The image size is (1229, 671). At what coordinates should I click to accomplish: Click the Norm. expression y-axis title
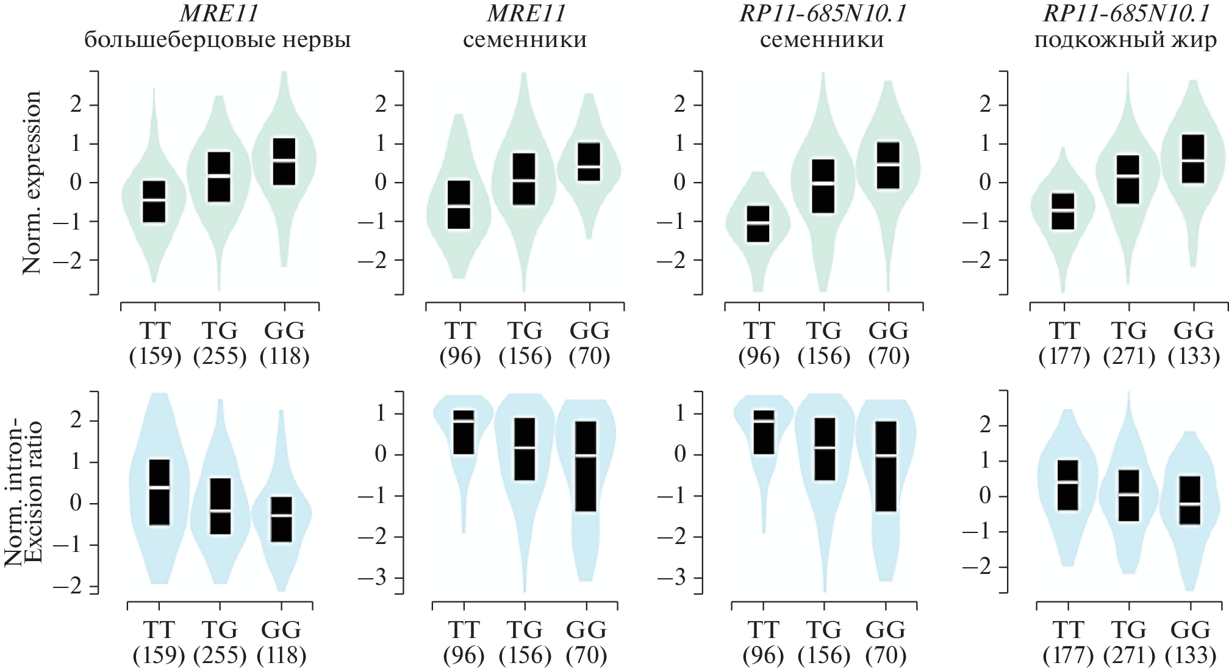32,182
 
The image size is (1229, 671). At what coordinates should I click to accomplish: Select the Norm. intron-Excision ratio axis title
23,493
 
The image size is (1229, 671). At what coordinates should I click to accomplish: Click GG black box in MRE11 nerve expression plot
284,161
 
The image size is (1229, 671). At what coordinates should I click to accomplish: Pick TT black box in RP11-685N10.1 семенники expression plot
758,224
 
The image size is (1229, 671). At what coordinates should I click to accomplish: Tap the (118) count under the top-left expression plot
284,357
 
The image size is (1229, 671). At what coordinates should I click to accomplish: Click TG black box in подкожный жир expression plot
1128,180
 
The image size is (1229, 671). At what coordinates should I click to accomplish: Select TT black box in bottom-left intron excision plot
159,492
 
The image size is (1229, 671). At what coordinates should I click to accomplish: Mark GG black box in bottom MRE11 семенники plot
586,466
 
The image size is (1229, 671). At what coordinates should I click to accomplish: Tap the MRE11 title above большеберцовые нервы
217,13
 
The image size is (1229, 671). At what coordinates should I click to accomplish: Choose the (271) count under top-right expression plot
1129,357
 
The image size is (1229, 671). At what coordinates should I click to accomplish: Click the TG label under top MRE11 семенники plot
525,331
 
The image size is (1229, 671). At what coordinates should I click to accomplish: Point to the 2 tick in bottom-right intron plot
986,426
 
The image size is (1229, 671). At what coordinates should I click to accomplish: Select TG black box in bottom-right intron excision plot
1128,495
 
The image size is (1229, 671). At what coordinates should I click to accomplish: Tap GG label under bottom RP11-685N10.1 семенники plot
885,629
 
